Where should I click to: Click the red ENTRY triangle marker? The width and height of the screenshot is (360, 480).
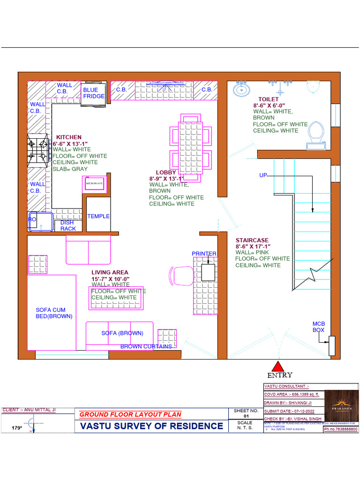(x=278, y=367)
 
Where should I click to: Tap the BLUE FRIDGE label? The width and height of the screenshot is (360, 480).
(x=91, y=93)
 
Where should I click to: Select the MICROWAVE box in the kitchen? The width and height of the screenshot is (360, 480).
(x=94, y=184)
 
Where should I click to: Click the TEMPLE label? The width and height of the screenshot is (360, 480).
(x=98, y=216)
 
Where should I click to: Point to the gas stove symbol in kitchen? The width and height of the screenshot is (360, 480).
(x=38, y=150)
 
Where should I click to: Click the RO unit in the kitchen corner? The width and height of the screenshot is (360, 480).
(x=39, y=222)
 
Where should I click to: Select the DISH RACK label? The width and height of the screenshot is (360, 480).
(x=68, y=225)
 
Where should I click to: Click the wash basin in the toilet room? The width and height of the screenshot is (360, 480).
(x=241, y=89)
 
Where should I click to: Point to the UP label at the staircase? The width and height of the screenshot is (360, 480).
(x=263, y=175)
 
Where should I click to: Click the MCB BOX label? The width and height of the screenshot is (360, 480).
(x=319, y=327)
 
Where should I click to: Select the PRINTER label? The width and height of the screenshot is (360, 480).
(x=204, y=254)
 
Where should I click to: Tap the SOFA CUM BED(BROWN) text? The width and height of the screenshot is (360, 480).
(x=54, y=313)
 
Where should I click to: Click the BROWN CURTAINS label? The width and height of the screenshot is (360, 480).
(x=146, y=346)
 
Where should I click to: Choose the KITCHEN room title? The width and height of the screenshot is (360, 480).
(x=69, y=137)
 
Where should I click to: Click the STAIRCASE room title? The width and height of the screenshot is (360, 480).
(x=252, y=240)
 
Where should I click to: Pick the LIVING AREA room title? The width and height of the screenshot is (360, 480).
(x=110, y=272)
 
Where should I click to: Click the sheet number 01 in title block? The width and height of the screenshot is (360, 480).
(x=246, y=416)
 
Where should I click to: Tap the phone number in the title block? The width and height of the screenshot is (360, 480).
(x=340, y=429)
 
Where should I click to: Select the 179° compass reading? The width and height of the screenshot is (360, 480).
(x=17, y=427)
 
